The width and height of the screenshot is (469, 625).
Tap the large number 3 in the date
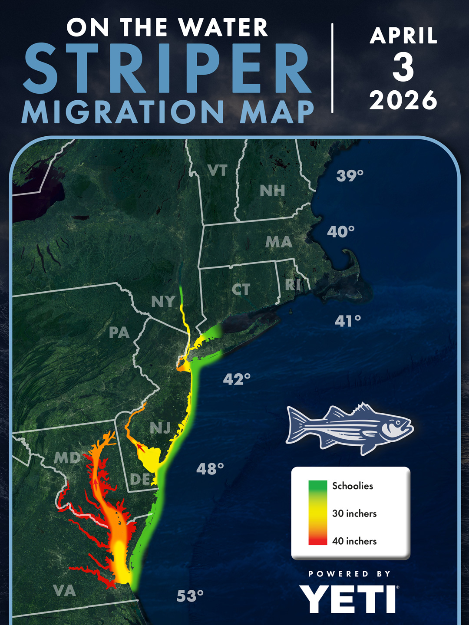(403, 68)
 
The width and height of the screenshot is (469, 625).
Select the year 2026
(403, 100)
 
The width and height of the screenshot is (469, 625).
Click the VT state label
(218, 171)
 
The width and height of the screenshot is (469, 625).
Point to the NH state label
(272, 191)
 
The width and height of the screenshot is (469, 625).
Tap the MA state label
(279, 242)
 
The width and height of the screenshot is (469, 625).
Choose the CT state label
(241, 289)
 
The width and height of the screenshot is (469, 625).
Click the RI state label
(293, 284)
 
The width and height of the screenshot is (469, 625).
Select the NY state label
(163, 302)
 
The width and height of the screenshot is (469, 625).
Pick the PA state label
(119, 333)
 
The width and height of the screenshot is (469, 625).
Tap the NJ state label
(160, 428)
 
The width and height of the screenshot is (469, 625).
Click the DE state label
(140, 479)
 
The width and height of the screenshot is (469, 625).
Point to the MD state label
(67, 458)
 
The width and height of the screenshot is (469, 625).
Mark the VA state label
(64, 590)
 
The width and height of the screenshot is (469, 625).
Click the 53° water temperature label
(190, 596)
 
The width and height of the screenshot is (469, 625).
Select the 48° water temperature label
(210, 469)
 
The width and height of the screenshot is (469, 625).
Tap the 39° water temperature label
(350, 176)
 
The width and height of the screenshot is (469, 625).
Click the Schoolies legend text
(353, 486)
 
